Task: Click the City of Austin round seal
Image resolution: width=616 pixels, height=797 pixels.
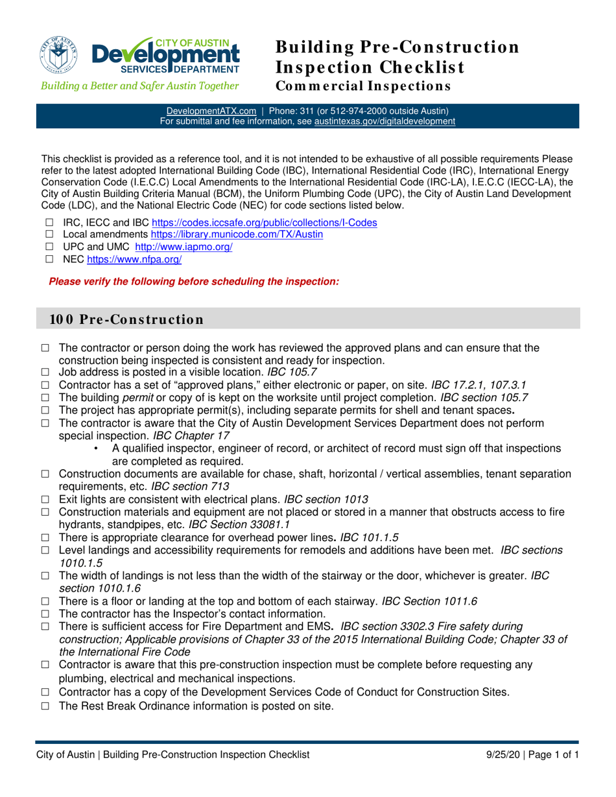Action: (x=60, y=53)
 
